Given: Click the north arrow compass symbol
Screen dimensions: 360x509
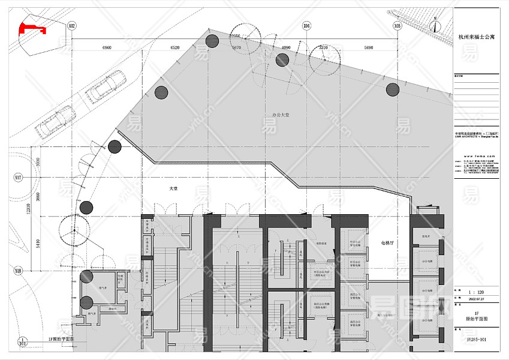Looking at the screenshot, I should point(436,25).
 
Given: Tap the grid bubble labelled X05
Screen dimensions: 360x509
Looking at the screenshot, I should point(397,26).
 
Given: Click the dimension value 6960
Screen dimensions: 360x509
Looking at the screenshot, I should point(107,46).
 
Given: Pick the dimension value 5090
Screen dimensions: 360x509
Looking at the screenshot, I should point(369,46).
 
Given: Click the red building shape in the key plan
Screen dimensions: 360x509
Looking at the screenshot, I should point(31,28).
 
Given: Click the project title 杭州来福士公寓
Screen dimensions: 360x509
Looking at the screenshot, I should point(477,37).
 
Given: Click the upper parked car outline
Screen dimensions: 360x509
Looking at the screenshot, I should point(106,85).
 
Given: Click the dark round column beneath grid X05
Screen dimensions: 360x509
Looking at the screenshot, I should point(393,90).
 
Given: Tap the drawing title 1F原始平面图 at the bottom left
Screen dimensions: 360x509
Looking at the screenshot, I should point(61,339).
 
